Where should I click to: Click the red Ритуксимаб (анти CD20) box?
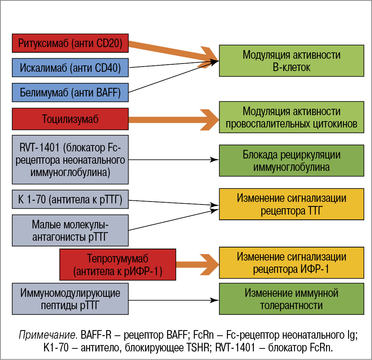click(70, 43)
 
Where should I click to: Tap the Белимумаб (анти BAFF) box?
click(70, 92)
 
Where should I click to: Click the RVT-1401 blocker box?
click(70, 160)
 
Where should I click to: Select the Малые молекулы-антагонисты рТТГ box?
click(70, 230)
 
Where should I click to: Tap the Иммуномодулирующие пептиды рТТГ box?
click(70, 299)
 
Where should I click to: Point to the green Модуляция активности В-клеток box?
click(291, 61)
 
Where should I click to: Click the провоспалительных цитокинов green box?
click(291, 117)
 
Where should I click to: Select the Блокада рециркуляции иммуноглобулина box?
click(291, 160)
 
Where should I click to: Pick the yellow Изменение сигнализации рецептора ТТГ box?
click(291, 204)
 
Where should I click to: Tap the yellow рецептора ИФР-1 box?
click(291, 262)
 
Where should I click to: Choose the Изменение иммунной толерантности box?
click(291, 299)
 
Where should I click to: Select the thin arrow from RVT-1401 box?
click(172, 160)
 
